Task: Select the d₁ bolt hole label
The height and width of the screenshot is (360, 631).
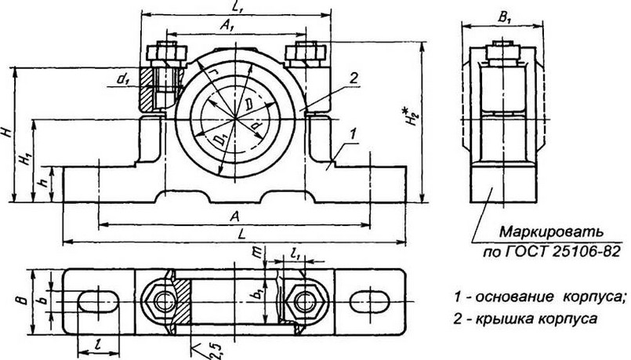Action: tap(123, 78)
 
